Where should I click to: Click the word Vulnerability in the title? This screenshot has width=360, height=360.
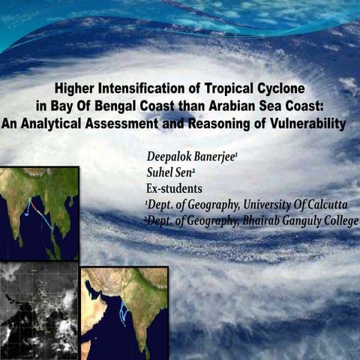tap(308, 124)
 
